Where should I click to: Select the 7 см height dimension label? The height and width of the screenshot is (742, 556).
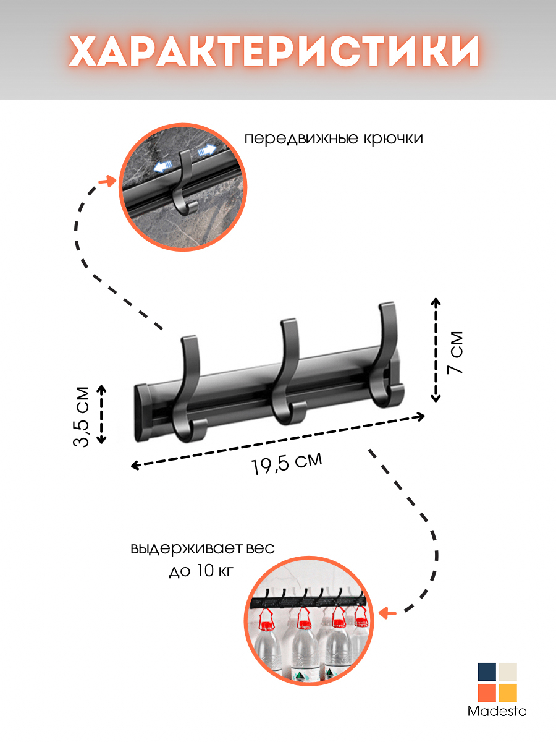click(x=454, y=352)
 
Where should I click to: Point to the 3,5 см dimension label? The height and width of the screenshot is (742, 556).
click(x=82, y=416)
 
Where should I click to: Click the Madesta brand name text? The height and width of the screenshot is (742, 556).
click(x=497, y=712)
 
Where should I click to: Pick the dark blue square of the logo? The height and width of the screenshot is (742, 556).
click(x=487, y=672)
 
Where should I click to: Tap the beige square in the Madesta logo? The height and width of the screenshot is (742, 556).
click(x=508, y=672)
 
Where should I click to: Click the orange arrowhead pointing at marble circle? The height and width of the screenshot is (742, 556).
click(x=111, y=181)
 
